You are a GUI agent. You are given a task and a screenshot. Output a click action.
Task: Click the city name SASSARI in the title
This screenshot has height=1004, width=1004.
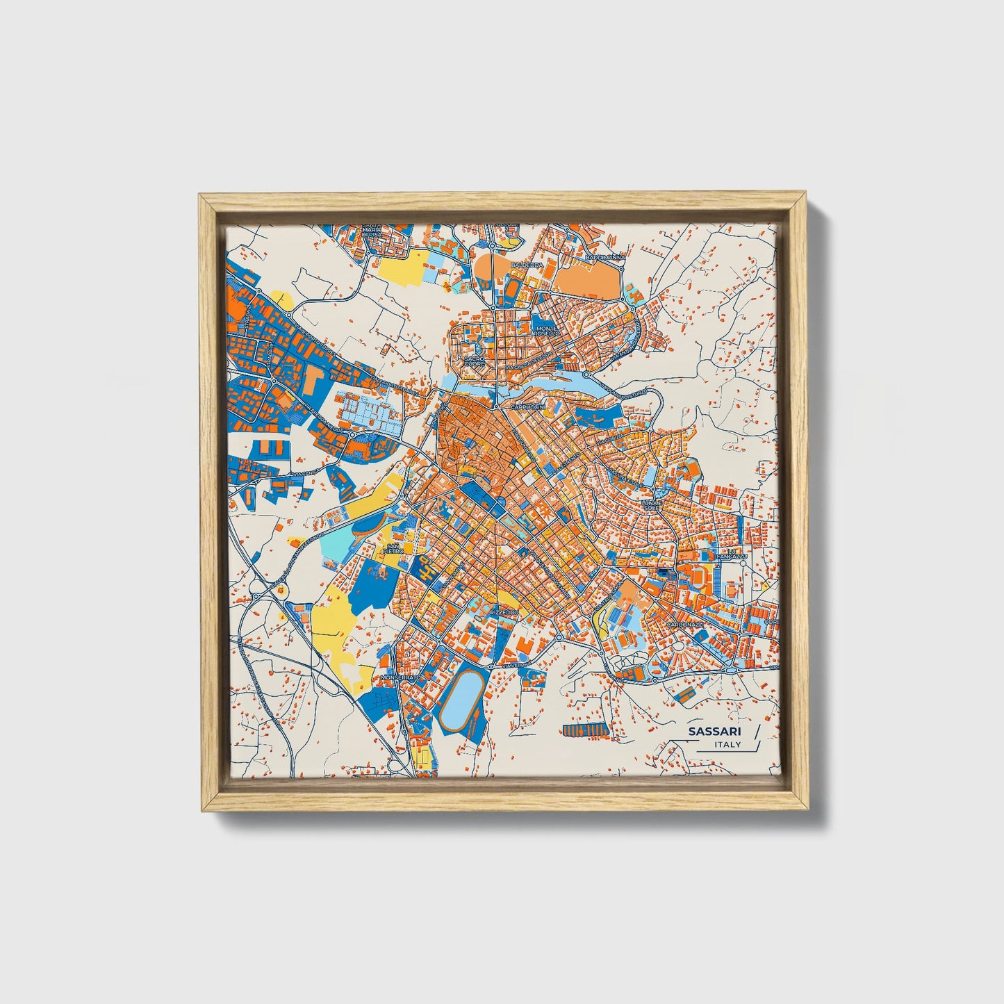[714, 732]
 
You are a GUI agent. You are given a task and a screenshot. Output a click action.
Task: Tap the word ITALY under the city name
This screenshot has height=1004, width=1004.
[727, 745]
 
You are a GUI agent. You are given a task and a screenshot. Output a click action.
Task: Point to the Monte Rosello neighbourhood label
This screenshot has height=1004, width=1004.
[546, 331]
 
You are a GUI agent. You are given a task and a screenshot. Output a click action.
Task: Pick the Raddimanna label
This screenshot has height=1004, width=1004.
[604, 257]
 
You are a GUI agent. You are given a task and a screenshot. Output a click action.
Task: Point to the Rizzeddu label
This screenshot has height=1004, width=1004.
[504, 612]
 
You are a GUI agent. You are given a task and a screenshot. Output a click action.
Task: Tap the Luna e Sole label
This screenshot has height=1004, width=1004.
[651, 504]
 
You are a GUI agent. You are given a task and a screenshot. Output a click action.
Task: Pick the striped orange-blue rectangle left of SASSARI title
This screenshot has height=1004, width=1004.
[584, 730]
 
